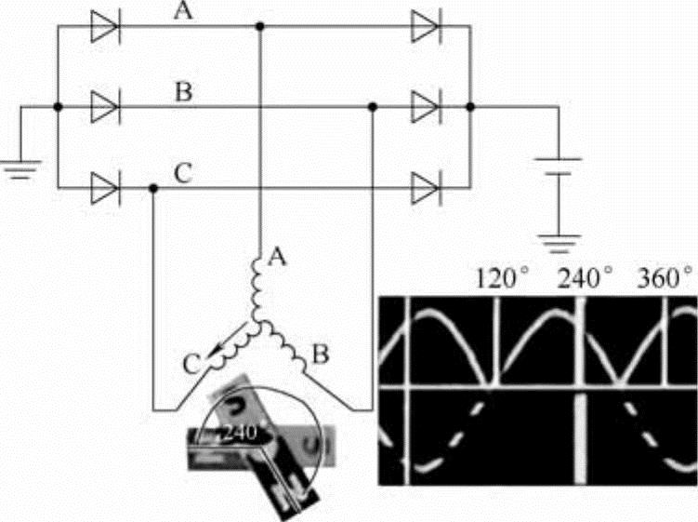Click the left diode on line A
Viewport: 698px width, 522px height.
click(x=104, y=27)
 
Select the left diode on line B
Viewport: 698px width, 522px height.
click(x=104, y=108)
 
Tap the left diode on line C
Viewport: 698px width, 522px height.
click(x=104, y=188)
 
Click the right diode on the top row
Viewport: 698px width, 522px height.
click(x=426, y=27)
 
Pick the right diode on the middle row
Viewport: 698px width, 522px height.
click(x=426, y=108)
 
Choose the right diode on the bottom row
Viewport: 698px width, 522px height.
click(x=426, y=188)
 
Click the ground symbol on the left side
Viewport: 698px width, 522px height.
click(x=19, y=170)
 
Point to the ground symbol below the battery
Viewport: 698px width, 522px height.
click(x=558, y=247)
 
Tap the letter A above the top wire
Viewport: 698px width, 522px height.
click(x=184, y=12)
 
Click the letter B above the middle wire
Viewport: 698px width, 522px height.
click(x=184, y=92)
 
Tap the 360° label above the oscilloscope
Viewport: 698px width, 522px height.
click(x=664, y=276)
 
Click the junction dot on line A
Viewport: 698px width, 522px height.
click(x=259, y=27)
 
